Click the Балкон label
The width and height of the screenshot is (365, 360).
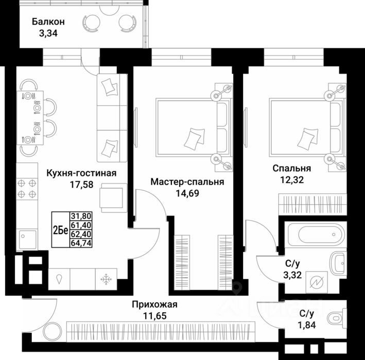(48, 22)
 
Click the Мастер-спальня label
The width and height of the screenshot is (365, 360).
(187, 182)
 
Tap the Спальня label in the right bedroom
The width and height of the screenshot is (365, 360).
(292, 168)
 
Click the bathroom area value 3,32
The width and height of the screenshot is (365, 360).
(297, 276)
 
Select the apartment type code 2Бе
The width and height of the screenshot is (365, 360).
(60, 230)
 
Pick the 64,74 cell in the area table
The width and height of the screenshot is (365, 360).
(79, 244)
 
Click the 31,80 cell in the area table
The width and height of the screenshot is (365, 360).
(79, 216)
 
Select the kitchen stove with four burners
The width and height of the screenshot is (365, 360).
(27, 188)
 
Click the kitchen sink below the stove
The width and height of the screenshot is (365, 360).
(27, 237)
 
